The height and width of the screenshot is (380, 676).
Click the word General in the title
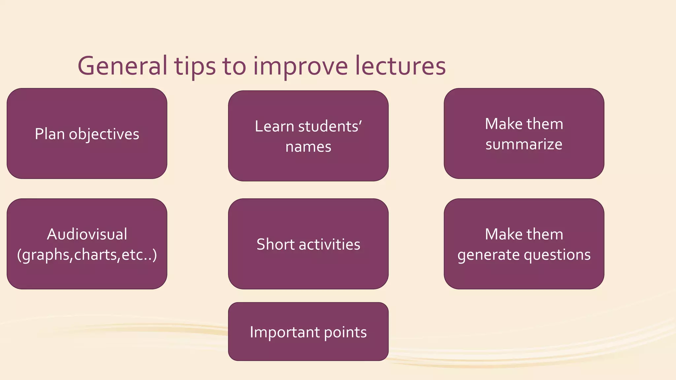click(122, 66)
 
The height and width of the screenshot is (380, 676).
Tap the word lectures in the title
click(400, 66)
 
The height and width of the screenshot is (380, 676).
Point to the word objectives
click(104, 134)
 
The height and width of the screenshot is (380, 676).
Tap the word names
click(308, 147)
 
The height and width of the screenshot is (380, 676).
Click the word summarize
click(524, 144)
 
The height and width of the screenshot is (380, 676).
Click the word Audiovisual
click(87, 235)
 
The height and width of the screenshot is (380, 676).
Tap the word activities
click(329, 244)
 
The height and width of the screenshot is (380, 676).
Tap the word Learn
click(274, 127)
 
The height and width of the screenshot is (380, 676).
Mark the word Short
click(275, 244)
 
